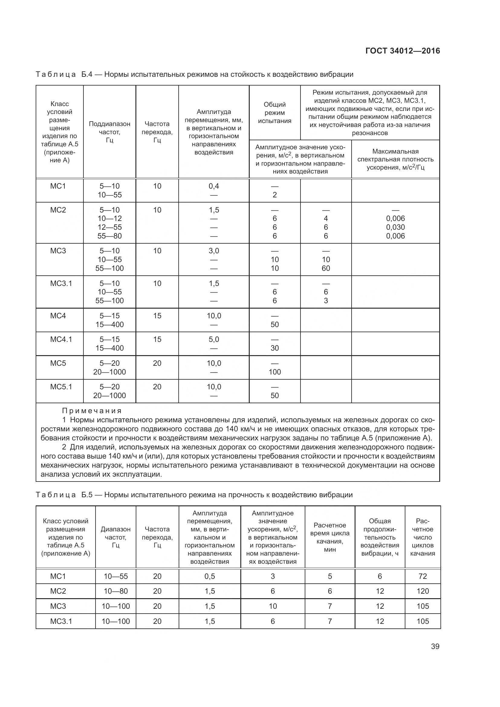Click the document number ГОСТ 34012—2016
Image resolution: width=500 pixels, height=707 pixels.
[x=403, y=51]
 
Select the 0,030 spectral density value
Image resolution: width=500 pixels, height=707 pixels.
[x=395, y=227]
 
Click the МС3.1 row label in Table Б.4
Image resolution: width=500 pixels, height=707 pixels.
[x=61, y=283]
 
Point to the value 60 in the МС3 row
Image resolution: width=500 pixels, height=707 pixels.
[x=326, y=268]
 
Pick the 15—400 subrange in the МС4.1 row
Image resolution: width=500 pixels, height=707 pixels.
[x=110, y=348]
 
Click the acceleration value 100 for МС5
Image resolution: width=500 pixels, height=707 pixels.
[x=274, y=372]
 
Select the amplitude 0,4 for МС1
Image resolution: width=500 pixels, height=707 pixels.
[x=214, y=186]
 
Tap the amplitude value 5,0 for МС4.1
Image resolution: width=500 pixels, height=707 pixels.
[x=214, y=339]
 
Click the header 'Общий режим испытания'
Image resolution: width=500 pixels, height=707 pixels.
[x=274, y=113]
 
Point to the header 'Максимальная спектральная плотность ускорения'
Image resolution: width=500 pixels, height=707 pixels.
[x=395, y=159]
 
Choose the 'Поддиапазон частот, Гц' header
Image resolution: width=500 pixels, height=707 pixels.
[x=110, y=132]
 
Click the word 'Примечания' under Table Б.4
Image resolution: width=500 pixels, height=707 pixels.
[x=92, y=411]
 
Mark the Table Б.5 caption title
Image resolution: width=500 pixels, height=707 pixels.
[x=228, y=495]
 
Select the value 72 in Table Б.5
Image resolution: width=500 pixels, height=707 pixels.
[x=422, y=576]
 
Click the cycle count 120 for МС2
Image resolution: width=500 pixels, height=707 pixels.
[x=422, y=591]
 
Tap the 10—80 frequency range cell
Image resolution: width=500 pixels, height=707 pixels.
[x=115, y=591]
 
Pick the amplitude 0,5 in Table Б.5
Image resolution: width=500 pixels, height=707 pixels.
[x=209, y=576]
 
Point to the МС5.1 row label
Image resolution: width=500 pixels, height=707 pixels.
[x=61, y=387]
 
